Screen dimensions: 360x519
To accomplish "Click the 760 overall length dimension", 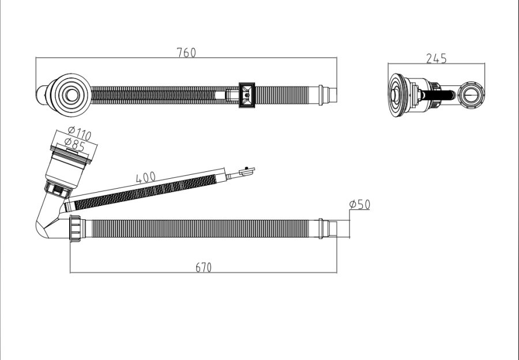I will point(186,52).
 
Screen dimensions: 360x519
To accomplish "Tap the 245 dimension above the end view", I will point(436,58).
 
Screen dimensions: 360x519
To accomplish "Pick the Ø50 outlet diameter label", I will point(359,204).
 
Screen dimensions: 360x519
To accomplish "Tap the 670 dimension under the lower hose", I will point(204,267).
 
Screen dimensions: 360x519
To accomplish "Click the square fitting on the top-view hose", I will point(247,95).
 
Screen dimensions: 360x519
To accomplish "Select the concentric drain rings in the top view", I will point(72,94).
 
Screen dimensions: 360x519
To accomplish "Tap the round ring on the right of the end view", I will point(472,94).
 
